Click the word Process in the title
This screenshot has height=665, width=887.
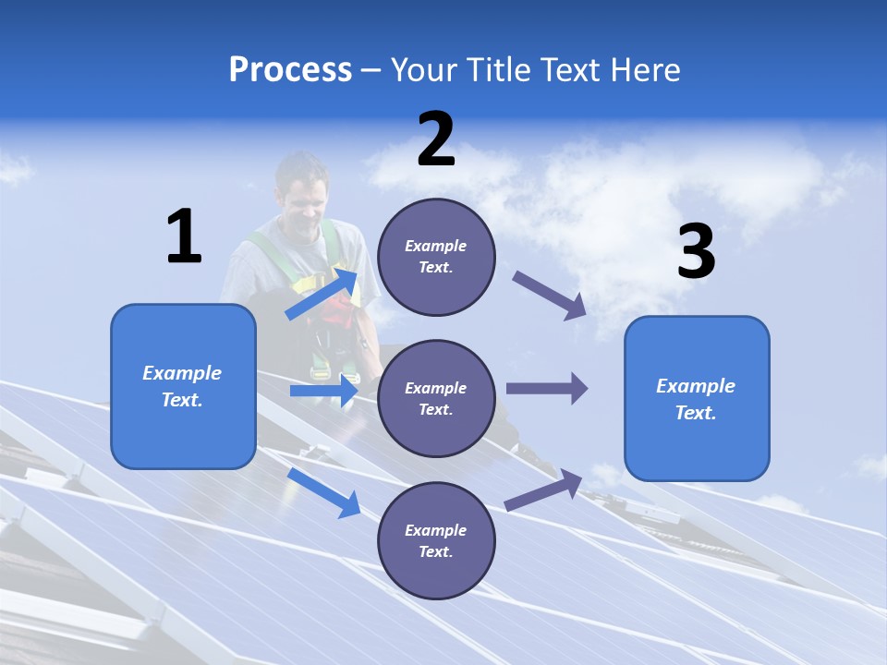pyautogui.click(x=290, y=70)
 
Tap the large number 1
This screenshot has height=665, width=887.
pyautogui.click(x=184, y=236)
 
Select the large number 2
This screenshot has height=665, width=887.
pyautogui.click(x=436, y=139)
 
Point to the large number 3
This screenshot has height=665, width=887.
pyautogui.click(x=696, y=251)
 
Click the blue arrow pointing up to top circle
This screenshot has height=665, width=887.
pyautogui.click(x=322, y=294)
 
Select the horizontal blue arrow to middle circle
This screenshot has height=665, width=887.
pyautogui.click(x=323, y=391)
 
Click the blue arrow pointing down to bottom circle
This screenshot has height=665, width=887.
pyautogui.click(x=324, y=491)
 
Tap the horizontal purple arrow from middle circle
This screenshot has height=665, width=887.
pyautogui.click(x=546, y=388)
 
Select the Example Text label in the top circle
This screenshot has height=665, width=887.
pyautogui.click(x=436, y=257)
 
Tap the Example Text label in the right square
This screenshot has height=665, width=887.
pyautogui.click(x=696, y=399)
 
